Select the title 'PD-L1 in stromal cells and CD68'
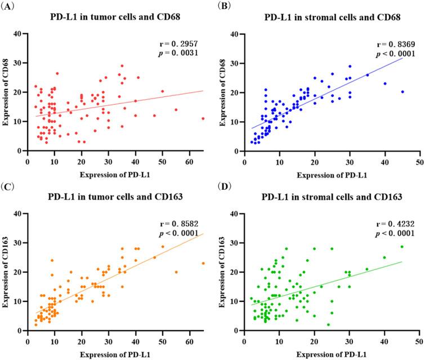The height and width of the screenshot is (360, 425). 333,17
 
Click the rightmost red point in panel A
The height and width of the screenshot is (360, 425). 203,119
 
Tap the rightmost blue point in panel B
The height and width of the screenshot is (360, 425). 402,92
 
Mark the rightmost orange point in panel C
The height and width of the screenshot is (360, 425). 203,263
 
